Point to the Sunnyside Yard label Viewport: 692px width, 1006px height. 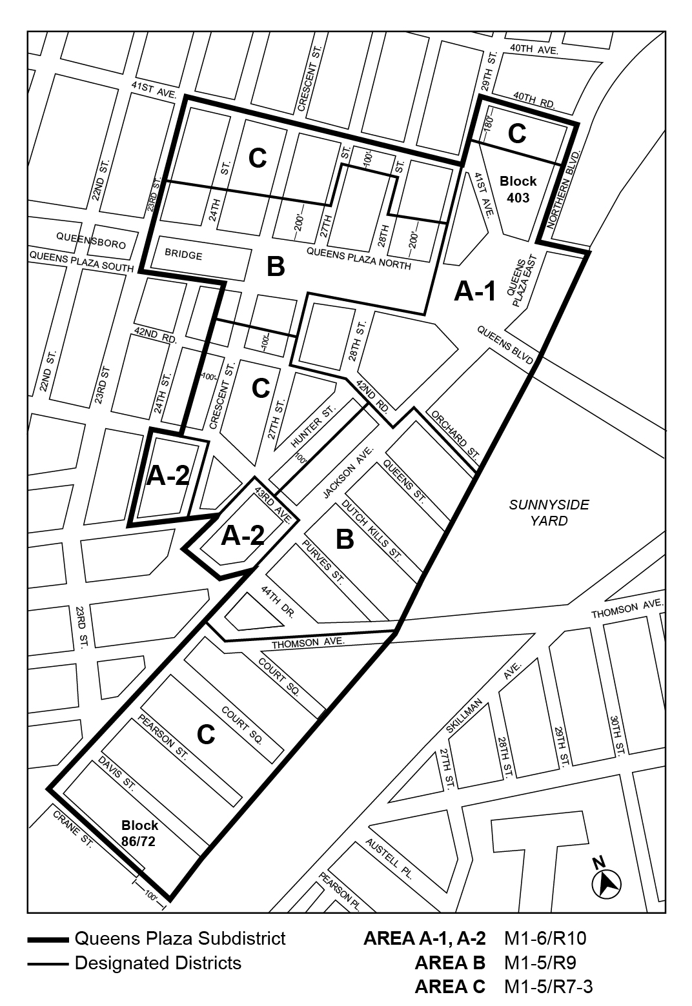tap(549, 513)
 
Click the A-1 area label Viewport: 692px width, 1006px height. tap(474, 292)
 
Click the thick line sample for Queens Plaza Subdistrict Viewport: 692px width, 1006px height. tap(48, 939)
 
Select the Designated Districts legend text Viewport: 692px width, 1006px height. tap(158, 963)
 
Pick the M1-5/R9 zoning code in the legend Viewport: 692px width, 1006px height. tap(540, 963)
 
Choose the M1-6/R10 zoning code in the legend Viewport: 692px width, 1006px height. tap(545, 939)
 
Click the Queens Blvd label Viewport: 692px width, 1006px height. tap(505, 346)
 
